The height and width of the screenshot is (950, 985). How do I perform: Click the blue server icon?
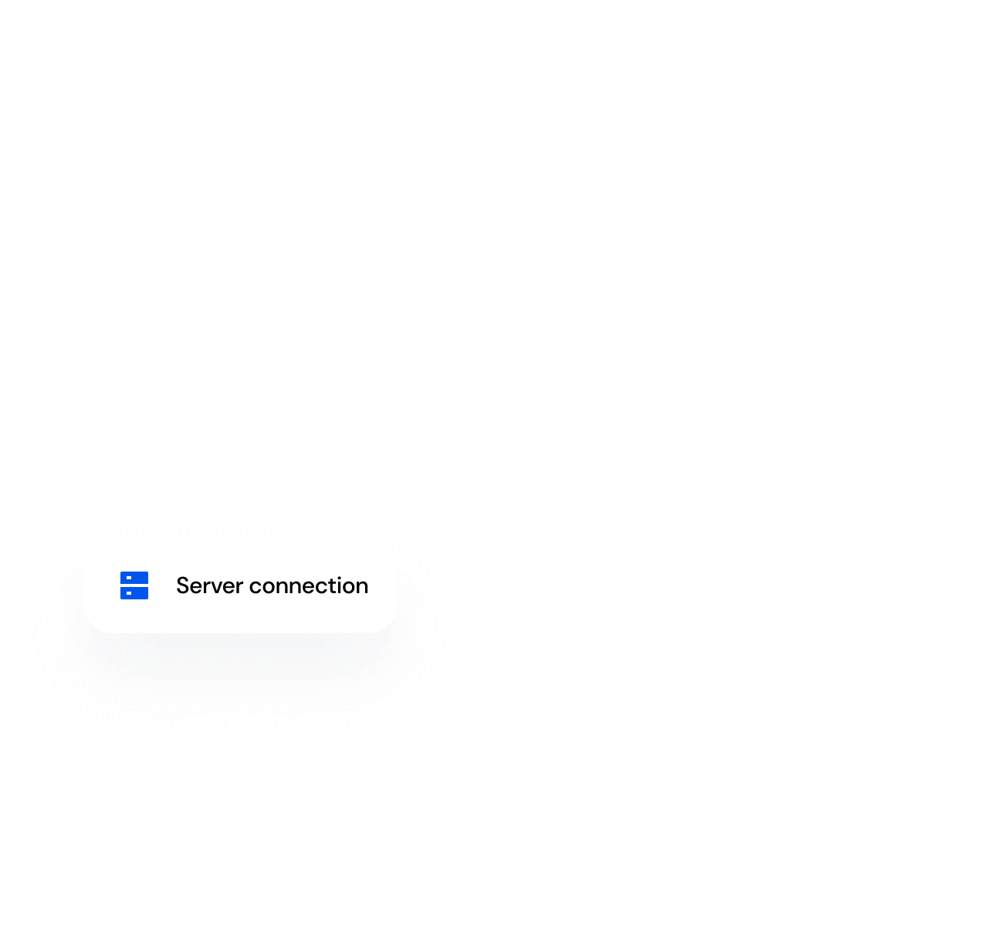[134, 585]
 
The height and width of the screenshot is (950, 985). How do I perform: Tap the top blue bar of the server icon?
[134, 578]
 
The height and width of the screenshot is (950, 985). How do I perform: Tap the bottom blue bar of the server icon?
[134, 593]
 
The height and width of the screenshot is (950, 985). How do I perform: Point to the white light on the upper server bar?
[129, 578]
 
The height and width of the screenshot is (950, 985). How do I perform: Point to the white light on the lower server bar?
[129, 593]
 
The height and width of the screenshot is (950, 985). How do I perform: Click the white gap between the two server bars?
[134, 585]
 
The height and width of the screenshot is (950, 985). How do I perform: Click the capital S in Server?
[182, 585]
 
